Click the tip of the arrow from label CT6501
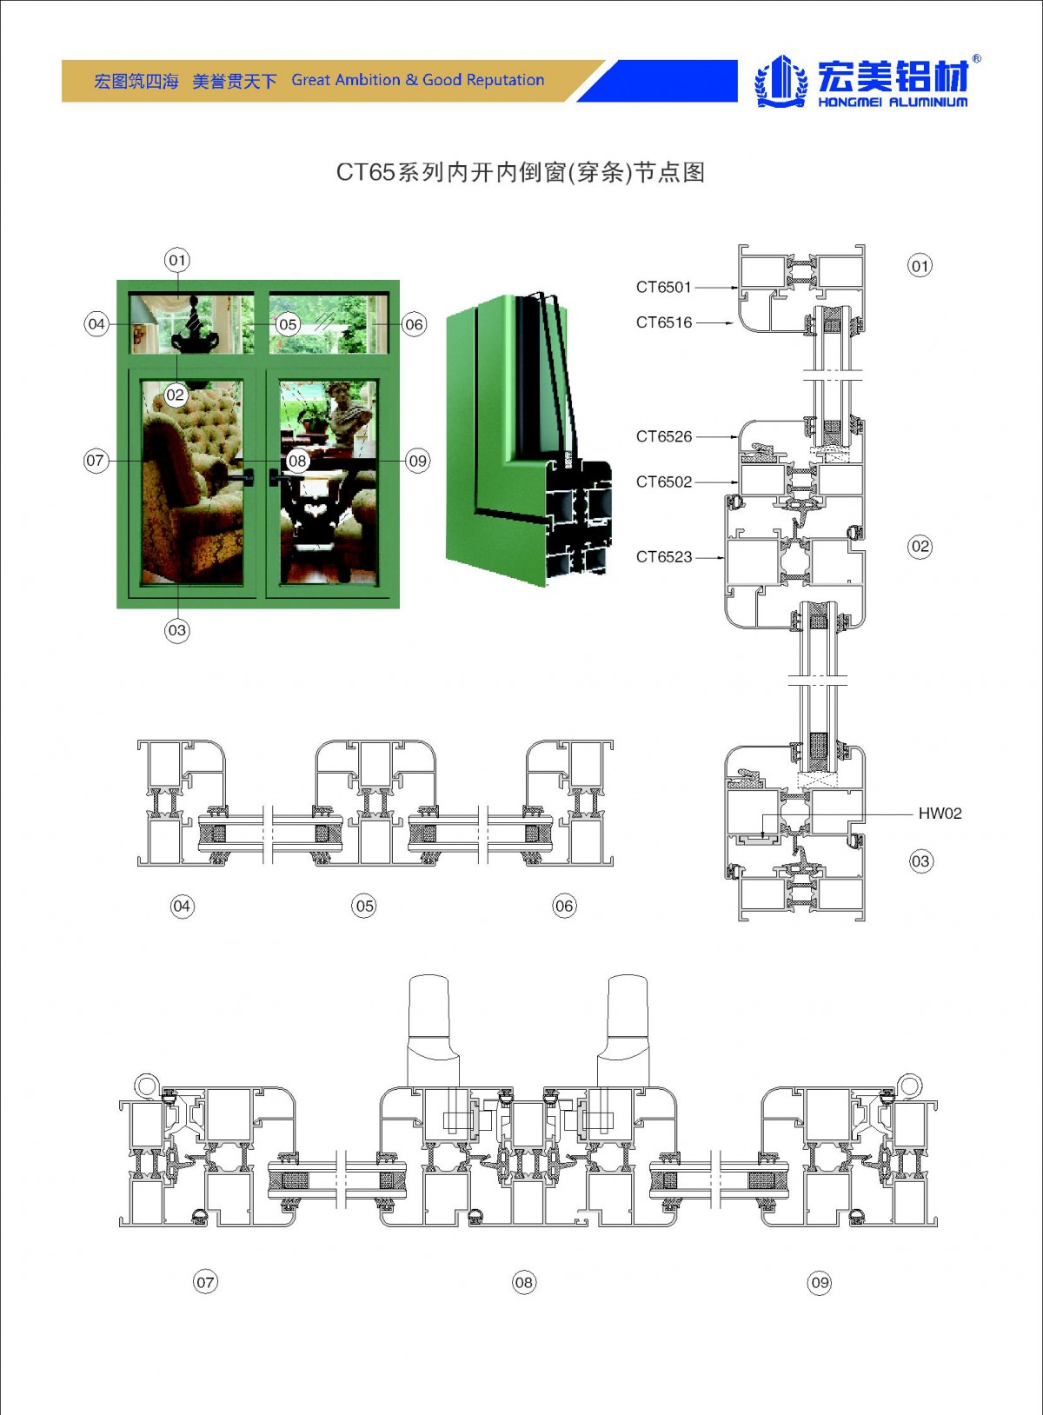tap(739, 288)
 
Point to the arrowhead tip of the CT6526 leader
tap(739, 436)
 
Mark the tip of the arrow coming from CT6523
tap(724, 557)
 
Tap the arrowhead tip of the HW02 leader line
tap(763, 838)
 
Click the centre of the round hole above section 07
tap(147, 1086)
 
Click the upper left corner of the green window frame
tap(116, 281)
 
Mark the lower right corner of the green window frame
tap(400, 608)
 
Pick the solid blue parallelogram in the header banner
tap(657, 81)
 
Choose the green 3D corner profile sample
tap(528, 439)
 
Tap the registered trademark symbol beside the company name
tap(976, 59)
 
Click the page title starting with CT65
tap(521, 172)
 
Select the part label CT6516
tap(664, 322)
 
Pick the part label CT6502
tap(664, 482)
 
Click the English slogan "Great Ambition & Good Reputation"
tap(417, 80)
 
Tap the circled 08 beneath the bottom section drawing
tap(524, 1282)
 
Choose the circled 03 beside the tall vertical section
tap(920, 861)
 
